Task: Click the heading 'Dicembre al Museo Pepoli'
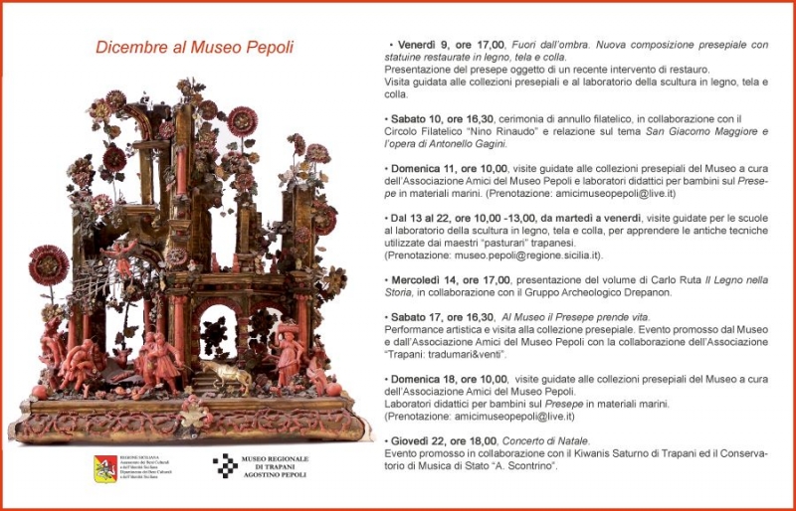click(194, 47)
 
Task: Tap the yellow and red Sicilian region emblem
click(105, 467)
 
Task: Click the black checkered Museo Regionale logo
click(225, 466)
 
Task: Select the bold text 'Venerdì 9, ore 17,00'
click(450, 45)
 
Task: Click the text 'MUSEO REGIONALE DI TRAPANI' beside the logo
click(276, 463)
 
